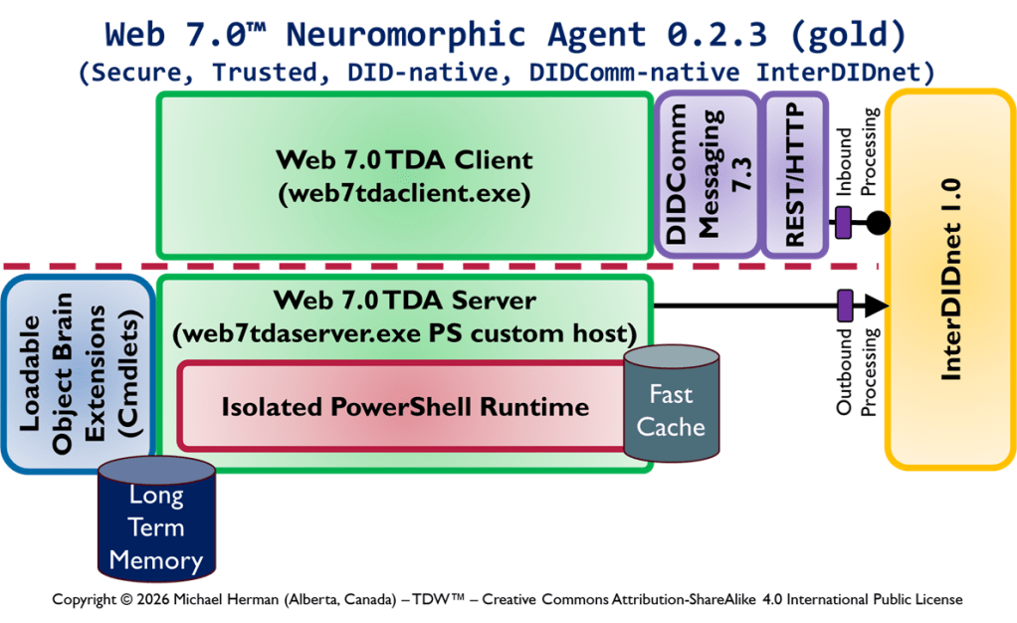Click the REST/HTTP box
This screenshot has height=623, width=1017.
(x=793, y=175)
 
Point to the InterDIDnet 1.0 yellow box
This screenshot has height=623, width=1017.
(x=951, y=278)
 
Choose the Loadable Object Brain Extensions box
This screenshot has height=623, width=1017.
(x=79, y=372)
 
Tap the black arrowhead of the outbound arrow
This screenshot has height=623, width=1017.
(x=876, y=306)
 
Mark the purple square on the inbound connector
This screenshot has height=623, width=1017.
(x=844, y=223)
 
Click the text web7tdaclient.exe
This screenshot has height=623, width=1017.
(x=404, y=194)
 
